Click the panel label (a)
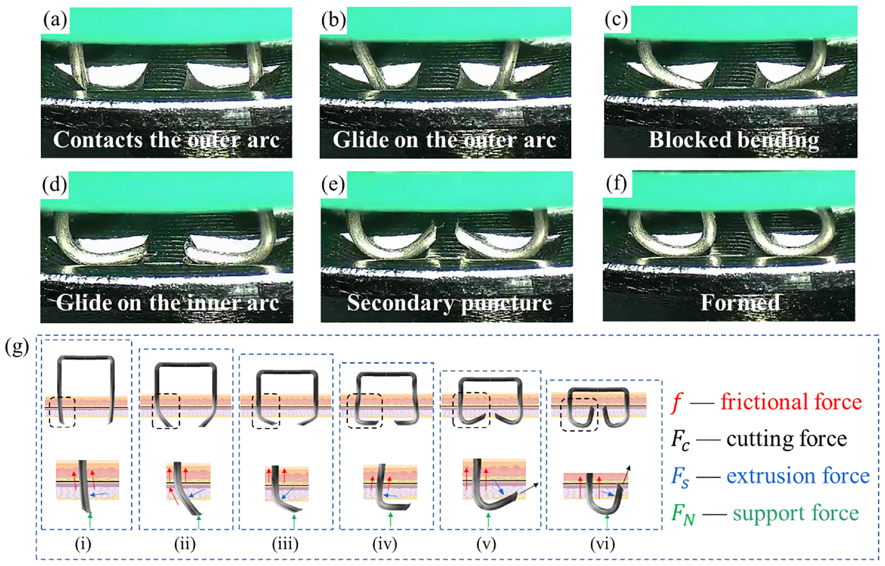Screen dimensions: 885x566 (x=55, y=20)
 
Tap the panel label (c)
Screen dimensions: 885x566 (x=616, y=20)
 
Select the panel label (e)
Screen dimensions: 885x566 (x=334, y=184)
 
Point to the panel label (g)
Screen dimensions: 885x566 (x=17, y=347)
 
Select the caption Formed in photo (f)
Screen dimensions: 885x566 (x=740, y=303)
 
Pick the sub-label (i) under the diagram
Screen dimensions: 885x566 (x=83, y=544)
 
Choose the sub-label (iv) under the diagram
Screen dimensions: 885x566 (x=385, y=544)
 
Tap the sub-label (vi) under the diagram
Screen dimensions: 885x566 (x=603, y=544)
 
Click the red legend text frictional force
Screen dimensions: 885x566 (x=791, y=402)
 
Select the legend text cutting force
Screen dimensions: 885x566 (x=787, y=439)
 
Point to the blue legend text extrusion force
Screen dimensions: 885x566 (x=798, y=476)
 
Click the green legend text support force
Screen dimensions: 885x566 (x=796, y=513)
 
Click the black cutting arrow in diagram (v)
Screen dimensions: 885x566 (x=529, y=489)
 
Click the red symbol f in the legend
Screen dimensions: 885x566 (x=677, y=403)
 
